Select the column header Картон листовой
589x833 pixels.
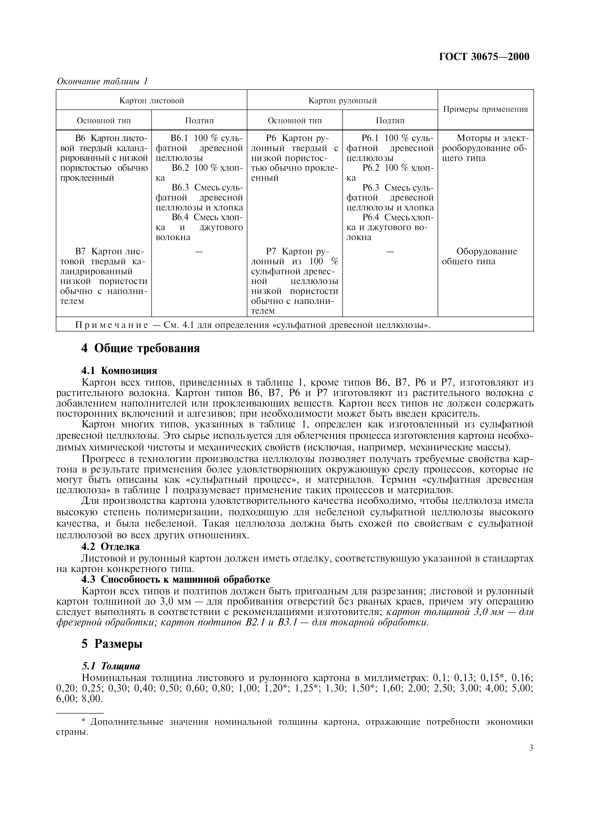(x=152, y=100)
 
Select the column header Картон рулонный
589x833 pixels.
(x=342, y=100)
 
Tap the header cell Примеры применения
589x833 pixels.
(x=486, y=109)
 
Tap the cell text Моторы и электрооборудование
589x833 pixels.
(x=486, y=143)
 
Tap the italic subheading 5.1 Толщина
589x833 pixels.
(x=111, y=666)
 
